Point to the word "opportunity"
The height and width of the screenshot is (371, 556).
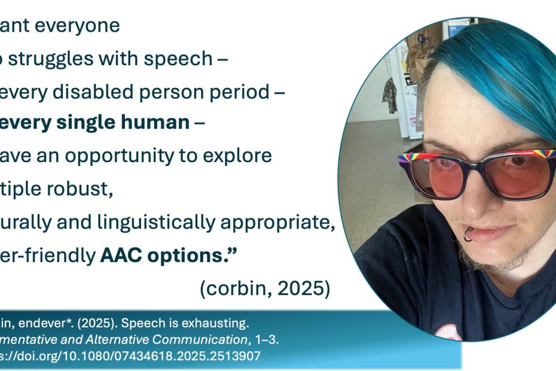[158, 156]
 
